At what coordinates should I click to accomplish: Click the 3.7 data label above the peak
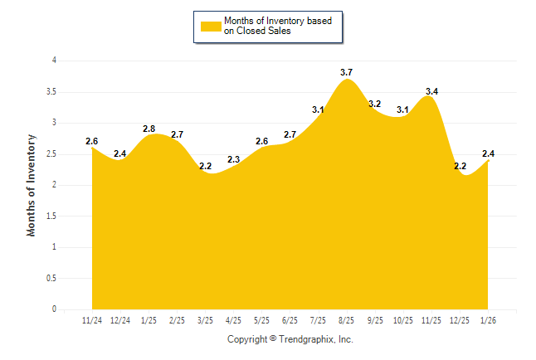click(347, 72)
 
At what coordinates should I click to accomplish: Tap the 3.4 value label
click(431, 91)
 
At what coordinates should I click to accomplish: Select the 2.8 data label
click(149, 129)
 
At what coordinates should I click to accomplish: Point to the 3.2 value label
click(374, 104)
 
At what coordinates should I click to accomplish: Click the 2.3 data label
click(233, 159)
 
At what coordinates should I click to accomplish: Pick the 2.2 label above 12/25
click(460, 166)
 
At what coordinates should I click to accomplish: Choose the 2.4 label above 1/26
click(489, 153)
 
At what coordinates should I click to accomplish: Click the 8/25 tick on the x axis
click(347, 320)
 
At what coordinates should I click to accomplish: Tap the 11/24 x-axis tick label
click(92, 320)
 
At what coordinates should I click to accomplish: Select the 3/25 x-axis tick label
click(206, 320)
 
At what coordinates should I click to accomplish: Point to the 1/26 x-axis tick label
click(489, 320)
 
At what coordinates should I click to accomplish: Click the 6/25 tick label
click(290, 320)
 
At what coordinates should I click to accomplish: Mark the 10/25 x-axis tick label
click(403, 320)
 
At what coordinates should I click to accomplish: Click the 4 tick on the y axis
click(54, 61)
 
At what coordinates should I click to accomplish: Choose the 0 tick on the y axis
click(54, 309)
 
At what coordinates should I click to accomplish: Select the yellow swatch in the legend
click(209, 27)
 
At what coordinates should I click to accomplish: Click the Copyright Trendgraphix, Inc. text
click(290, 339)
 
